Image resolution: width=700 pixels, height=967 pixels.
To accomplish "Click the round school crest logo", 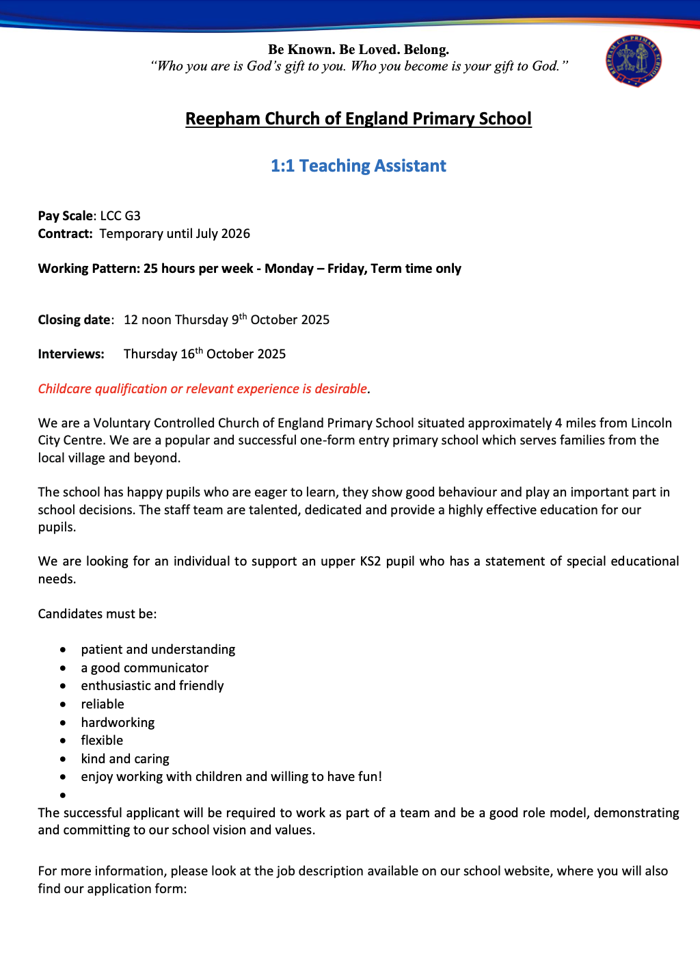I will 633,61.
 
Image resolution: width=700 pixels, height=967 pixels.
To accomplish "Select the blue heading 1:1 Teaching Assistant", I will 358,166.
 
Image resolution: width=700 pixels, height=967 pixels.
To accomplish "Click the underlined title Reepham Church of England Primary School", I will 358,119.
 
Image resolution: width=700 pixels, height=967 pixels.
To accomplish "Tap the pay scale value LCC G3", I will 120,216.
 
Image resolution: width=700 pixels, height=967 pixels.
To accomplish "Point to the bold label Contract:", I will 65,234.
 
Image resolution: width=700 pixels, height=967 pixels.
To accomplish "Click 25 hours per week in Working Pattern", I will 198,269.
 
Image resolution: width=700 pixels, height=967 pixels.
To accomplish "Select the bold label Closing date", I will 74,320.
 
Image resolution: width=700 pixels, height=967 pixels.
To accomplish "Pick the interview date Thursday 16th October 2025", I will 204,354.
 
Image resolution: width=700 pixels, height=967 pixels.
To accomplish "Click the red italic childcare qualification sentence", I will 203,389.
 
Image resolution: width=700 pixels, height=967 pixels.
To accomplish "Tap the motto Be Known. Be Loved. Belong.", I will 358,49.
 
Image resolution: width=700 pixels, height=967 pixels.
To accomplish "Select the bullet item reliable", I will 103,704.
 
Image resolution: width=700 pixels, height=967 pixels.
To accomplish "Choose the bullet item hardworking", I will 118,723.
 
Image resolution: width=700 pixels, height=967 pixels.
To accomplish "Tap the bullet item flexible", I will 102,741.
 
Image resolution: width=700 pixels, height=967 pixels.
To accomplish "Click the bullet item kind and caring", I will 125,759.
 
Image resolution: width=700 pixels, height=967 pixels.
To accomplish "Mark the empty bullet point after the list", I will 63,795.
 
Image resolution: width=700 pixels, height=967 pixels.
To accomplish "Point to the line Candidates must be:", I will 97,614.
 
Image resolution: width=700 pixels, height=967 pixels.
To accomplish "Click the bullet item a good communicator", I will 144,668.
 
